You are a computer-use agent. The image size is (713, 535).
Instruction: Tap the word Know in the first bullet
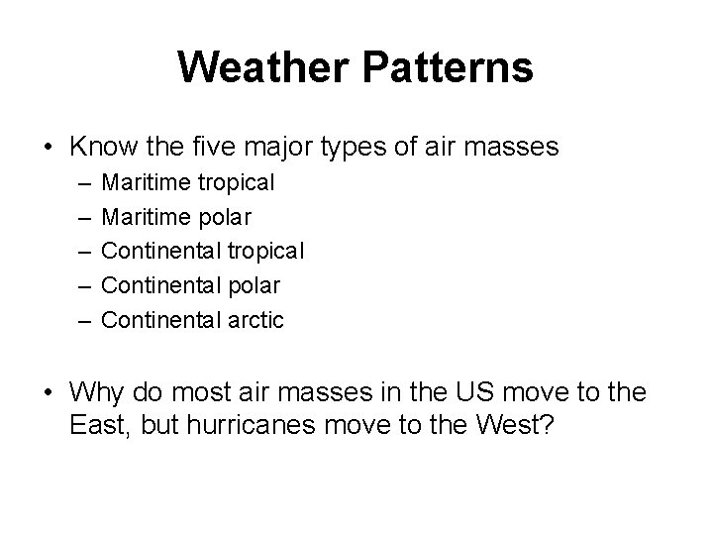pyautogui.click(x=103, y=148)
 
